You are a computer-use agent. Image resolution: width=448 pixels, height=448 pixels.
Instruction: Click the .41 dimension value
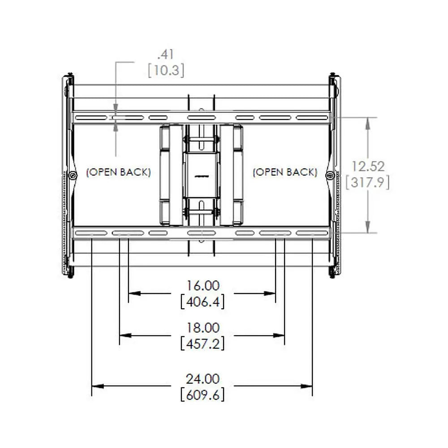pyautogui.click(x=165, y=55)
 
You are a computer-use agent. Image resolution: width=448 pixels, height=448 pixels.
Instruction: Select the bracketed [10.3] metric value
pyautogui.click(x=166, y=70)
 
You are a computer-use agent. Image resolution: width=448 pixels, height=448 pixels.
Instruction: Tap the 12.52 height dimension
pyautogui.click(x=368, y=166)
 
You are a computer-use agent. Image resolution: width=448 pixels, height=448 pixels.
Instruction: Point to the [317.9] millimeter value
pyautogui.click(x=368, y=182)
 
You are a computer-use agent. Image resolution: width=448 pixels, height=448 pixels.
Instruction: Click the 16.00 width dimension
pyautogui.click(x=203, y=285)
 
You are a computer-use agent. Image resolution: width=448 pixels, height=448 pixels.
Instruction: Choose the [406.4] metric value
pyautogui.click(x=202, y=302)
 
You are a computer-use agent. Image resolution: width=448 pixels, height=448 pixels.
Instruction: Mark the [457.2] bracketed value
pyautogui.click(x=202, y=344)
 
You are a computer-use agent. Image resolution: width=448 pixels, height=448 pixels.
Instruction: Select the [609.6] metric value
pyautogui.click(x=202, y=395)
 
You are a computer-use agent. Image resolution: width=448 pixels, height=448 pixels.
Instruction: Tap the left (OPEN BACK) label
pyautogui.click(x=118, y=172)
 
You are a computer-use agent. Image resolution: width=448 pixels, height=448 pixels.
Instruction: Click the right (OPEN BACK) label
pyautogui.click(x=285, y=172)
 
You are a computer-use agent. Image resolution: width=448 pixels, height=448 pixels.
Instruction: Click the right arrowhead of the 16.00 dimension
pyautogui.click(x=271, y=293)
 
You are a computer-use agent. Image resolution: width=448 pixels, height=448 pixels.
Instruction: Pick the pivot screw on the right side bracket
pyautogui.click(x=330, y=175)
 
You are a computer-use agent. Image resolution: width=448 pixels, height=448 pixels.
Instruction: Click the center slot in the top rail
pyautogui.click(x=201, y=118)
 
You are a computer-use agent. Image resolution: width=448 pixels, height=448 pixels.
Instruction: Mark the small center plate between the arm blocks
pyautogui.click(x=201, y=175)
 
